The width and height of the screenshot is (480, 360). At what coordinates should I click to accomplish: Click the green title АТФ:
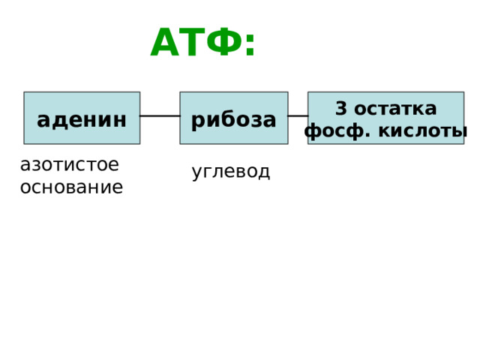202,42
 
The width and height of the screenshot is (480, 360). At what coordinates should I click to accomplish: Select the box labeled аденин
82,118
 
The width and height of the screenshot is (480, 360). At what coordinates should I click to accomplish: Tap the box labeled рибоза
234,118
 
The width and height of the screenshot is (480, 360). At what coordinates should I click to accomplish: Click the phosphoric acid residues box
386,118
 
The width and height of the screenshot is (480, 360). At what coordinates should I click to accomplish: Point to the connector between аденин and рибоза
160,116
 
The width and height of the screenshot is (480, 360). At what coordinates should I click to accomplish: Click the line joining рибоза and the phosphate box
298,116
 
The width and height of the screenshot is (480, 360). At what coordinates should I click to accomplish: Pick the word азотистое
70,165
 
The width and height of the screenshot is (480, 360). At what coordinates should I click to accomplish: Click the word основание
72,187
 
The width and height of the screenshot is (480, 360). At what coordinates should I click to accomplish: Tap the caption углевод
231,172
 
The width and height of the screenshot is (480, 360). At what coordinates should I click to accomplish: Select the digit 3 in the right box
341,108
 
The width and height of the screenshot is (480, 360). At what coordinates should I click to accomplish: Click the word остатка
395,109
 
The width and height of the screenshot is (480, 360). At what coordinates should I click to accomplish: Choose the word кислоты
423,131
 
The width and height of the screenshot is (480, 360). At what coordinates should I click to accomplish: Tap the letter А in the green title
165,42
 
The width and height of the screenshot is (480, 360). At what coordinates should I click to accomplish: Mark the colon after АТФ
250,45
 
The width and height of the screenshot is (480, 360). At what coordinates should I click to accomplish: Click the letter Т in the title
192,42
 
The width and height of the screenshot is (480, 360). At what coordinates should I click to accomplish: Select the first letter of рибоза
197,121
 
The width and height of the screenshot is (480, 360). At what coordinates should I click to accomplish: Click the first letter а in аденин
43,120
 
